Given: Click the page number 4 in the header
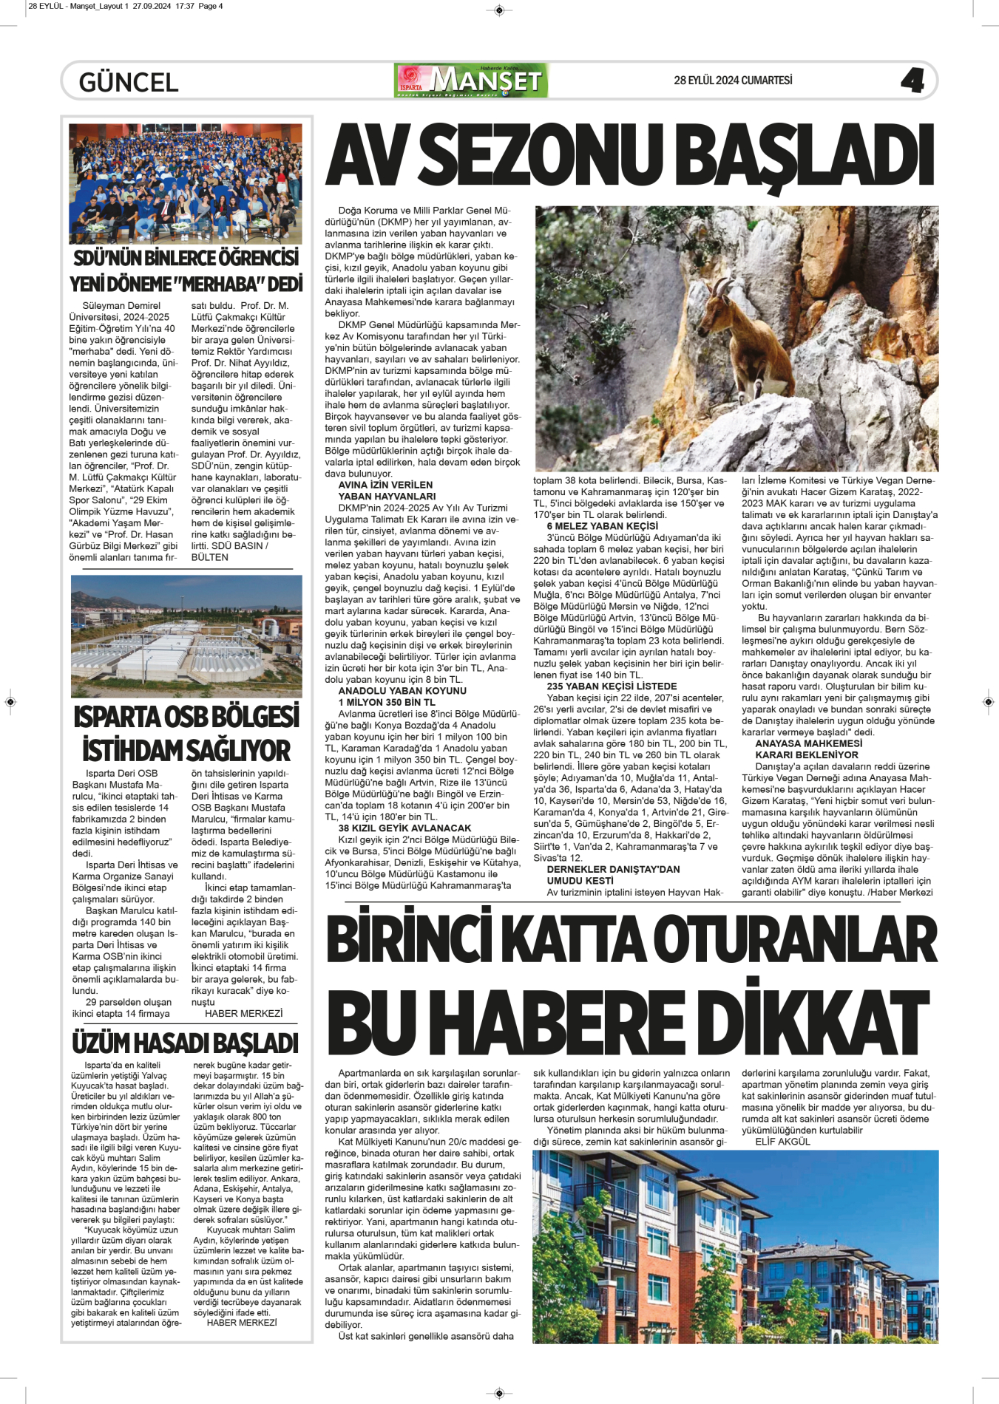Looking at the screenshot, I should pos(912,80).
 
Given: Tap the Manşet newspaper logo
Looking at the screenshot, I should pos(472,81).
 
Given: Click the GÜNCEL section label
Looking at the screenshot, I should pos(129,82).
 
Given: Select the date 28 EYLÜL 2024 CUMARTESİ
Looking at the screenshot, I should pos(733,81).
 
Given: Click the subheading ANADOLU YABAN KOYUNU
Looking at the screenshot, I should pos(402,691).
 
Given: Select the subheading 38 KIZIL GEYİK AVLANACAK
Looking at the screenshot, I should pos(404,828).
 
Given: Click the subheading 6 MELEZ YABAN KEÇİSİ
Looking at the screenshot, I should pos(602,526).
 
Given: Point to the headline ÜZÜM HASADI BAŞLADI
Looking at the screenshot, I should pos(185,1043).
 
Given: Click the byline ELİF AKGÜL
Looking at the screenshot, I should pos(782,1142).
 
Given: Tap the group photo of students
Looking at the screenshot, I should pos(185,183).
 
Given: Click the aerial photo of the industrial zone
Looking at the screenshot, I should pos(186,635).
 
